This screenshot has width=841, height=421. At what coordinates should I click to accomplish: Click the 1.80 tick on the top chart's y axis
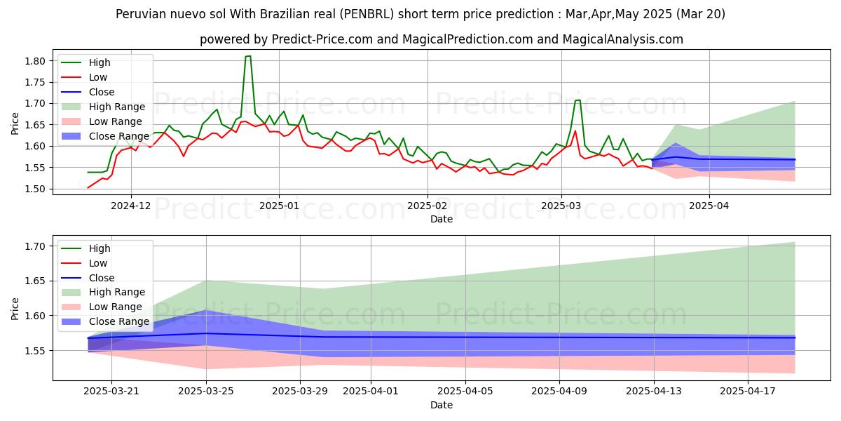(x=36, y=61)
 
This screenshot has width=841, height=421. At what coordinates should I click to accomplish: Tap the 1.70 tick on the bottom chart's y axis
(x=36, y=246)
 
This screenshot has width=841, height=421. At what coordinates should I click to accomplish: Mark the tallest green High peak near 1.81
(x=248, y=56)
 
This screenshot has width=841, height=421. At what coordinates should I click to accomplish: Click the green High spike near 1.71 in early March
(x=577, y=100)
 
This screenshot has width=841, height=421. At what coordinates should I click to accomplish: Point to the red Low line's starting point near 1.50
(x=88, y=187)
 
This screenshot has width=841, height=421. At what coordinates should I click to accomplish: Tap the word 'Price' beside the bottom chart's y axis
(x=15, y=308)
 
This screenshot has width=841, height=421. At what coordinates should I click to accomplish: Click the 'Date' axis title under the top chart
(x=442, y=219)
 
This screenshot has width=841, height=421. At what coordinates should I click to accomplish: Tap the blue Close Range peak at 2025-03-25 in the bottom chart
(x=206, y=310)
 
